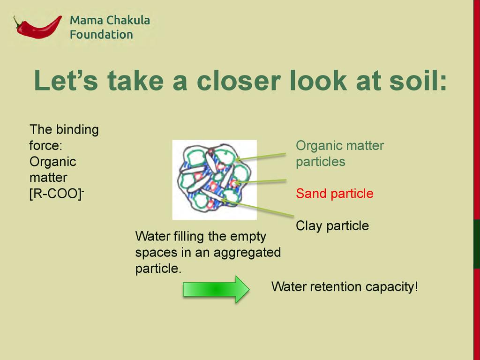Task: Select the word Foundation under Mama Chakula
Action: click(x=101, y=35)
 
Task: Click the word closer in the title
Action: click(x=239, y=80)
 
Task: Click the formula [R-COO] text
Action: click(x=57, y=194)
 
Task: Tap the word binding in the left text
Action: click(x=77, y=130)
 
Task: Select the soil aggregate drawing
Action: click(x=214, y=180)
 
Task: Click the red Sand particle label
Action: click(x=335, y=194)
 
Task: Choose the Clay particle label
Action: click(x=332, y=226)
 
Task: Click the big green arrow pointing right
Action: click(x=216, y=289)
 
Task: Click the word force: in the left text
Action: click(x=46, y=145)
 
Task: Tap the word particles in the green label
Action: click(x=321, y=162)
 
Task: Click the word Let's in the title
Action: click(x=66, y=80)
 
